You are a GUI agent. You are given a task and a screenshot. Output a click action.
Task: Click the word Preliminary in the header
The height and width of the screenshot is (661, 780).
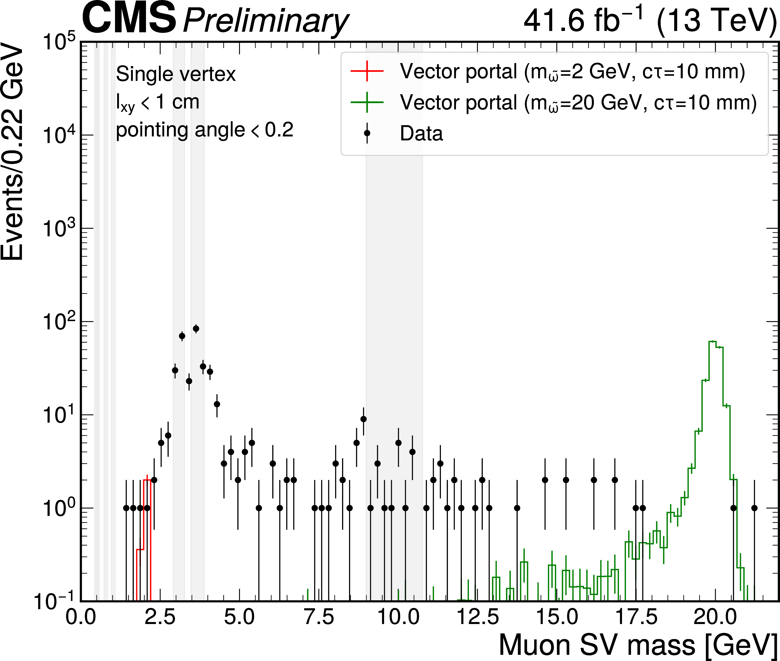(265, 22)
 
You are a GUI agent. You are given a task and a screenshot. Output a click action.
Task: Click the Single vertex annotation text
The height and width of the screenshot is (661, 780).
(176, 74)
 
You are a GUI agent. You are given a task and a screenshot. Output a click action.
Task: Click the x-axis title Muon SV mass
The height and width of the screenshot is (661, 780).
(637, 645)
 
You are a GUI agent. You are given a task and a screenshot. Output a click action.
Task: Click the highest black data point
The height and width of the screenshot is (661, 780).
(196, 329)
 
